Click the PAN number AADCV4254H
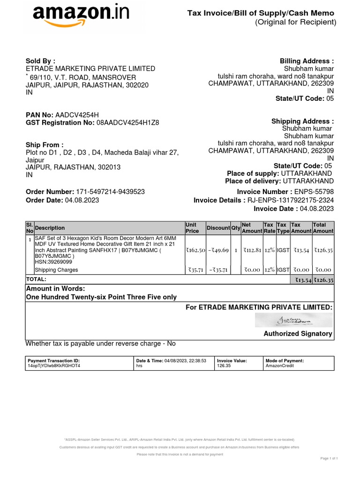(77, 115)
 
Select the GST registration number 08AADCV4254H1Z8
(127, 123)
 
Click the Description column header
(50, 228)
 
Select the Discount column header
(218, 228)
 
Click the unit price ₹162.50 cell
(195, 250)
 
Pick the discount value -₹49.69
(218, 250)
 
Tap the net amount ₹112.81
(252, 250)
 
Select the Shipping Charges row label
(56, 270)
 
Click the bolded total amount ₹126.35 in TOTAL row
(323, 280)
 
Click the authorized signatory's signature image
(293, 320)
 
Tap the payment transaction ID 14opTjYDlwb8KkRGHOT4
(54, 366)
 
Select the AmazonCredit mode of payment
(280, 366)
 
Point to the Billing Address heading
(307, 61)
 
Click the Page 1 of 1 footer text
(329, 458)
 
